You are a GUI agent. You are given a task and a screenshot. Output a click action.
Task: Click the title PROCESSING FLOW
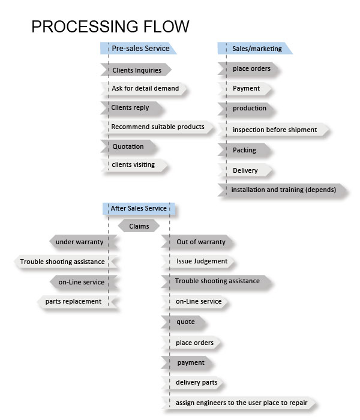(x=110, y=26)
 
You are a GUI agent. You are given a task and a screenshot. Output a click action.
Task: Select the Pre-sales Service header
(x=138, y=48)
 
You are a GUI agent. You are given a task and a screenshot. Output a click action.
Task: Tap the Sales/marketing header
(x=255, y=48)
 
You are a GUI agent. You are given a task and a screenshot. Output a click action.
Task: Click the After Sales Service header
(x=139, y=208)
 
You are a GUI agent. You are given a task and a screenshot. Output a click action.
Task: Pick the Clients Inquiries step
(x=136, y=70)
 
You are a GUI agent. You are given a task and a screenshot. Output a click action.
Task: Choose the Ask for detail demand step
(x=143, y=88)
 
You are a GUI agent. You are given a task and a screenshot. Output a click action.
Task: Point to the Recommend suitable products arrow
(x=157, y=127)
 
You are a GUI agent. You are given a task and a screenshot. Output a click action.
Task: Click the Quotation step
(x=128, y=146)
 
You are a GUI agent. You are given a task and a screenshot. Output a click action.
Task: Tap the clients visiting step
(x=134, y=165)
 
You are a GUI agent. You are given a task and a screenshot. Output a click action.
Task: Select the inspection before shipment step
(x=274, y=130)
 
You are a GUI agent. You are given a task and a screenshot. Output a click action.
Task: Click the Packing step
(x=245, y=150)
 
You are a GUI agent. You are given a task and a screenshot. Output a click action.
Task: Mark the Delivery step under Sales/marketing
(x=245, y=170)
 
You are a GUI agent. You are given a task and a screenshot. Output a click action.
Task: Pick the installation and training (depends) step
(x=283, y=190)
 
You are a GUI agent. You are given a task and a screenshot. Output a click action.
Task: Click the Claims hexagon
(x=139, y=226)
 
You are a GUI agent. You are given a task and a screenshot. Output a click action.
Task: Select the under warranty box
(x=83, y=242)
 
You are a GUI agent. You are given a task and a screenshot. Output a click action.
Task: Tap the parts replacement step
(x=77, y=302)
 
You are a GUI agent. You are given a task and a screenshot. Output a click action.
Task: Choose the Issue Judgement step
(x=199, y=262)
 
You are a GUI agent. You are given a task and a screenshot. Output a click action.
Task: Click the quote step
(x=184, y=322)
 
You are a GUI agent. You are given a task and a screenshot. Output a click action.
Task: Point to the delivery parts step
(x=193, y=383)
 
